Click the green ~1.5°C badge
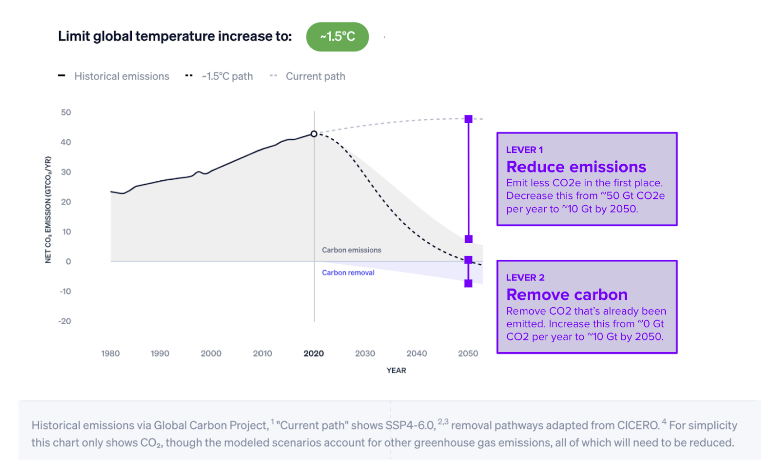(337, 37)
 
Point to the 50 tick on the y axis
(66, 112)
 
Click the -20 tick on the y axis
(65, 321)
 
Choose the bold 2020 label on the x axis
(314, 353)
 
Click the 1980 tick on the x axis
(110, 353)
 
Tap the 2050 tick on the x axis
(468, 353)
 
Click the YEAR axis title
(396, 370)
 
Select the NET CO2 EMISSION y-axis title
(48, 210)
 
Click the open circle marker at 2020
(314, 134)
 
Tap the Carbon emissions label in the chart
(351, 250)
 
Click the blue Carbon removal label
(348, 273)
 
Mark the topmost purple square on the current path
(468, 119)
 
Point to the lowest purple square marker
(468, 283)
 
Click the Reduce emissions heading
(576, 167)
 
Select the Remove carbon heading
(567, 294)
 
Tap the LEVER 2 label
(525, 278)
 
